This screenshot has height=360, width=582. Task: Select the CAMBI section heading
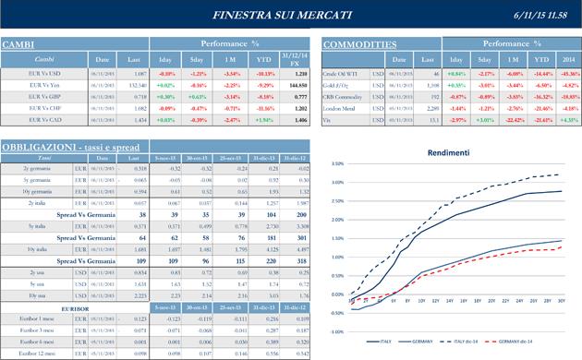tap(19, 44)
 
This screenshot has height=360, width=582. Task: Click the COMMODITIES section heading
tap(359, 44)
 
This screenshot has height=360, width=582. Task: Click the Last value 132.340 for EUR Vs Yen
tap(135, 83)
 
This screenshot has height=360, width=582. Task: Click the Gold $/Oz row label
tap(338, 83)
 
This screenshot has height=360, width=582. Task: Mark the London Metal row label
tap(341, 107)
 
